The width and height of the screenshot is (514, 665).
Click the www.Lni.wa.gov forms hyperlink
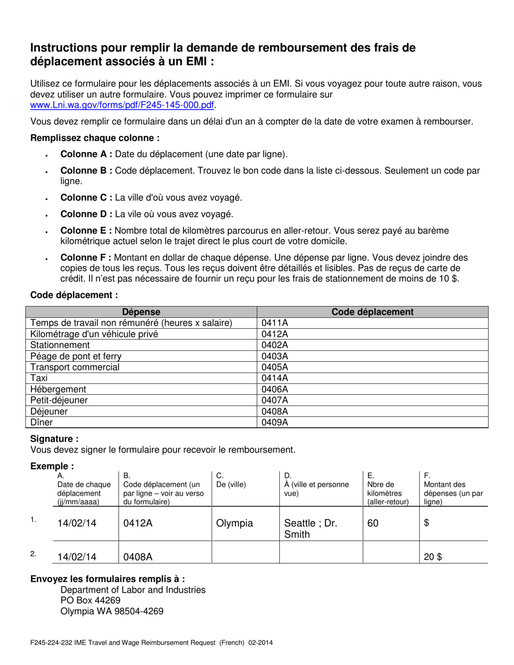click(x=122, y=105)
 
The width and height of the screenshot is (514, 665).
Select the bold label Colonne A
click(x=86, y=154)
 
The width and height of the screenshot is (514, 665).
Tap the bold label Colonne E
click(x=86, y=231)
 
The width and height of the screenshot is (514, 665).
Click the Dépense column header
click(x=141, y=312)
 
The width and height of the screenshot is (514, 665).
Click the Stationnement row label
click(x=60, y=345)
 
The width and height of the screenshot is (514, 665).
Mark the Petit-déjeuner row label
click(x=59, y=401)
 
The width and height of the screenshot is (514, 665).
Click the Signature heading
click(x=54, y=439)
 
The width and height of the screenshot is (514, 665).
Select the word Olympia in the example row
click(x=234, y=523)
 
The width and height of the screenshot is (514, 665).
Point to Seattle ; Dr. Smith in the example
click(x=310, y=529)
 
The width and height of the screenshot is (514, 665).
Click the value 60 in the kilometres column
click(x=373, y=523)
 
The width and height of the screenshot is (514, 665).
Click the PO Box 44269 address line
click(x=90, y=601)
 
